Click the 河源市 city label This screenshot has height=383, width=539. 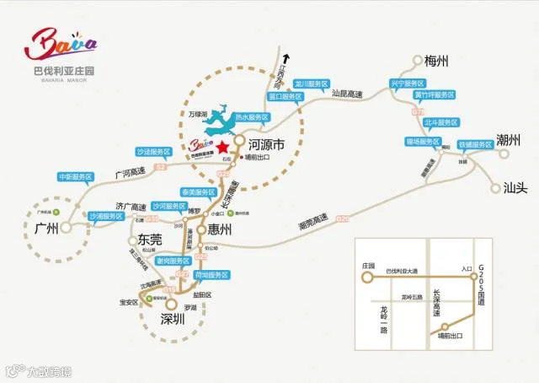point(265,147)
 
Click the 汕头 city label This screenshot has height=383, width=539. point(515,187)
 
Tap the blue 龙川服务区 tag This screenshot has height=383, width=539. point(310,84)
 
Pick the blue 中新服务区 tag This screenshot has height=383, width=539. point(75,177)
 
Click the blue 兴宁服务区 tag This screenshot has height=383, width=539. point(407,84)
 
